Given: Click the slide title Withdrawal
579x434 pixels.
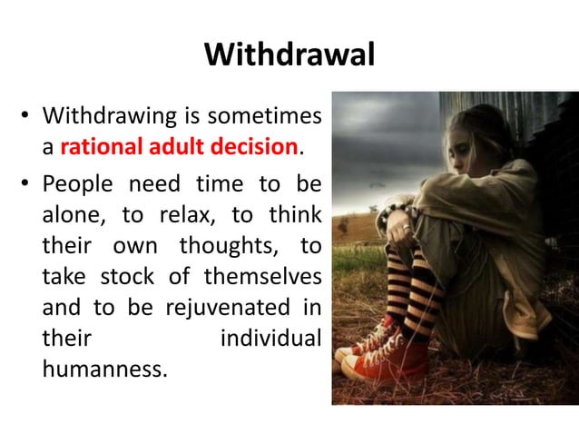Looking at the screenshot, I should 289,55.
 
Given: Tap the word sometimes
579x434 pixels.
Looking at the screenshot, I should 264,116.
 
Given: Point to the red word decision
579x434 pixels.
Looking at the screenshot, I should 260,146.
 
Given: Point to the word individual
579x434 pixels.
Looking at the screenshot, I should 270,337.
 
